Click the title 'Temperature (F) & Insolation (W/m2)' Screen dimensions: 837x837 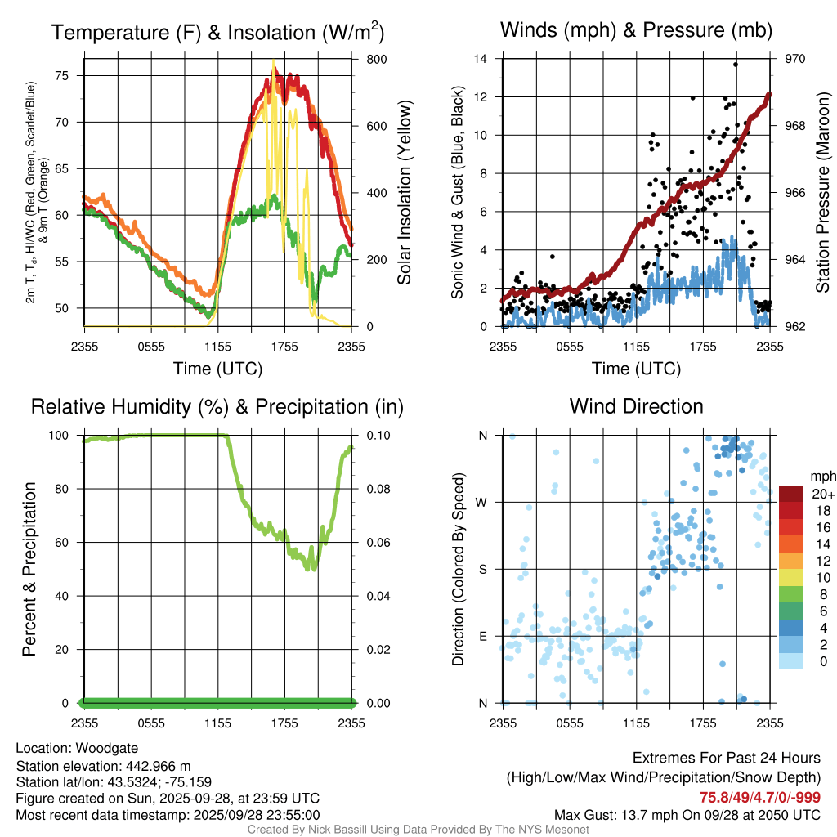[217, 32]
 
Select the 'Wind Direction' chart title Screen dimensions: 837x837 [636, 406]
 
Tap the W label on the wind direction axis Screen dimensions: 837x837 [483, 502]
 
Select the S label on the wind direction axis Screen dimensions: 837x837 [483, 569]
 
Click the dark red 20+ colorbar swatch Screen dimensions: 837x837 [791, 494]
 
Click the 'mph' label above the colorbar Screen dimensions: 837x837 [821, 476]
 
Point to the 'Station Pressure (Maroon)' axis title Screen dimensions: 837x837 [823, 192]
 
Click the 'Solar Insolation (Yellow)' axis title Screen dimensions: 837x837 [405, 192]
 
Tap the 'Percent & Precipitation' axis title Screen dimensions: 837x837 [29, 569]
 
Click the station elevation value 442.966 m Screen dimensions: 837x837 [154, 766]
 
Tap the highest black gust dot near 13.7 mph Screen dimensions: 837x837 [736, 64]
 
